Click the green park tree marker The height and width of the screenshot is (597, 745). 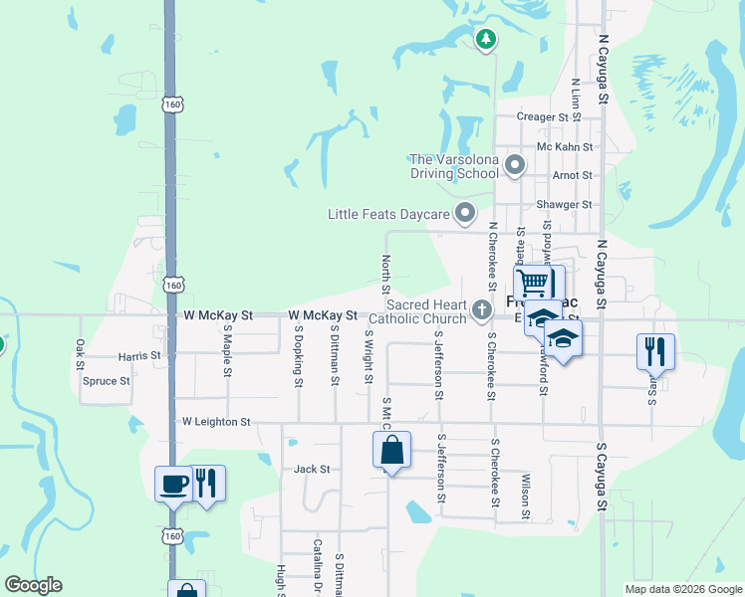click(485, 40)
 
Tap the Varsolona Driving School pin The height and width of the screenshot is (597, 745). click(515, 165)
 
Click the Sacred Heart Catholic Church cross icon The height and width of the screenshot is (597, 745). click(482, 311)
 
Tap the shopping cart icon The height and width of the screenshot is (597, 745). click(533, 283)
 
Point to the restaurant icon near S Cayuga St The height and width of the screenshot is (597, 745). click(654, 350)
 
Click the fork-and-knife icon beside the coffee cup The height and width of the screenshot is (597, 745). click(206, 483)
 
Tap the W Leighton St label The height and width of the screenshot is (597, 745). click(216, 422)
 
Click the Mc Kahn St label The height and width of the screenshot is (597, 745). click(565, 146)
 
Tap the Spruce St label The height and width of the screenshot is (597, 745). click(108, 381)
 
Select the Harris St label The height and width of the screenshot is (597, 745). click(138, 355)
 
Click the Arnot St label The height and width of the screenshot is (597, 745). click(572, 175)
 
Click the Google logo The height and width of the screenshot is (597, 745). click(33, 585)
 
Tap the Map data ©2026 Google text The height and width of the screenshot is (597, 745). click(682, 589)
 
